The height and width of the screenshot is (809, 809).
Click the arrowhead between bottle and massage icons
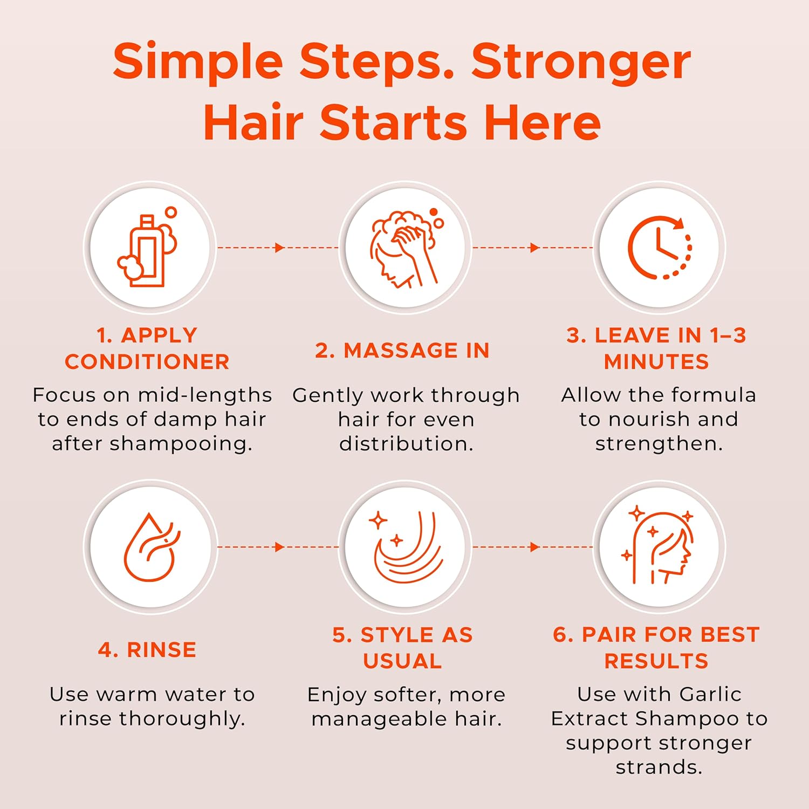point(279,248)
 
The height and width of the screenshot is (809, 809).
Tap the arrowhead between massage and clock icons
point(534,248)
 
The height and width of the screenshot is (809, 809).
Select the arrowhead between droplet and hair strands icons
point(279,547)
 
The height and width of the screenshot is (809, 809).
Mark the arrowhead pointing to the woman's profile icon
point(534,547)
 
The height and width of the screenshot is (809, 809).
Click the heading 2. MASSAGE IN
point(402,351)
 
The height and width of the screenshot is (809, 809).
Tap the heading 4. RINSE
point(147,650)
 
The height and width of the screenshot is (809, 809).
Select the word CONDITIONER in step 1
point(147,362)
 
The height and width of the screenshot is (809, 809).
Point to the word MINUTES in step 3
point(656,362)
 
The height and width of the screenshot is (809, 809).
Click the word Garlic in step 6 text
point(710,694)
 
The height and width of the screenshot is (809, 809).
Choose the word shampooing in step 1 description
point(181,444)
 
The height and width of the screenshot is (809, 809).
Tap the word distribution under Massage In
point(406,443)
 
